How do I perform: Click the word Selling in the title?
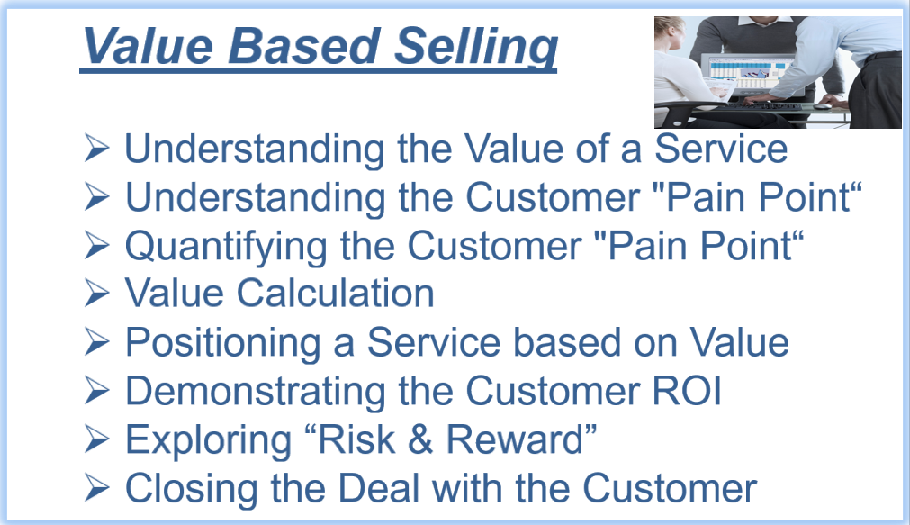(476, 47)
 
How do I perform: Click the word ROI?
(687, 390)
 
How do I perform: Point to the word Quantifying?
(226, 247)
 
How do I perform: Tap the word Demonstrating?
(256, 392)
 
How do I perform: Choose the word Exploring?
(208, 440)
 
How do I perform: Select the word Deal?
(378, 488)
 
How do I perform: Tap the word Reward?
(514, 439)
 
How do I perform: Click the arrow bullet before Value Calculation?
(95, 293)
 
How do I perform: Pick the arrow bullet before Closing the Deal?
(95, 488)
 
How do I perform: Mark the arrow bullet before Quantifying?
(95, 245)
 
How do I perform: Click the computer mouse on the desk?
(822, 106)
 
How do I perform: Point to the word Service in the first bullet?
(721, 149)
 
